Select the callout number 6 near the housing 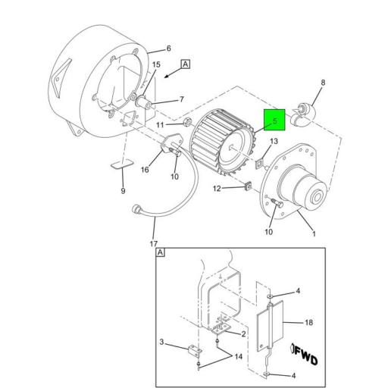pyautogui.click(x=169, y=48)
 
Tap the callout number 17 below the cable pyautogui.click(x=153, y=243)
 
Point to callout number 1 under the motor pyautogui.click(x=314, y=233)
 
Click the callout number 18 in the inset pyautogui.click(x=308, y=321)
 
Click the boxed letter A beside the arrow pyautogui.click(x=186, y=65)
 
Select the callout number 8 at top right pyautogui.click(x=322, y=83)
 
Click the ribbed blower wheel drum pyautogui.click(x=221, y=143)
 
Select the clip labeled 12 pyautogui.click(x=245, y=186)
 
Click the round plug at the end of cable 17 pyautogui.click(x=136, y=208)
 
